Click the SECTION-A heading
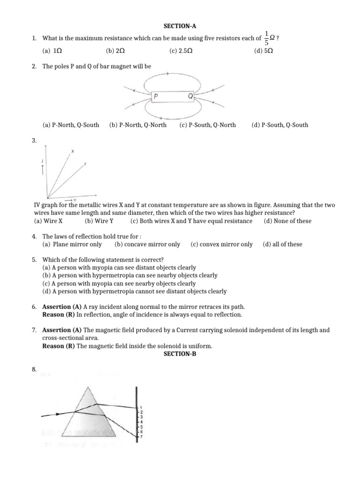[x=180, y=27]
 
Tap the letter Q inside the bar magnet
[x=190, y=96]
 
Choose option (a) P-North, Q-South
[x=70, y=125]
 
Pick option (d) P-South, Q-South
[x=279, y=125]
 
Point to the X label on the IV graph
[x=73, y=151]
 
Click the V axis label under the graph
[x=75, y=200]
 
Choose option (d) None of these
[x=287, y=221]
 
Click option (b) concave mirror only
[x=147, y=244]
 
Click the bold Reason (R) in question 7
[x=59, y=346]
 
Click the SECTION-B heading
[x=180, y=354]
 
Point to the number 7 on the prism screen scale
[x=141, y=437]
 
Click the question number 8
[x=34, y=370]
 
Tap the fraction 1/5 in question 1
[x=267, y=38]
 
